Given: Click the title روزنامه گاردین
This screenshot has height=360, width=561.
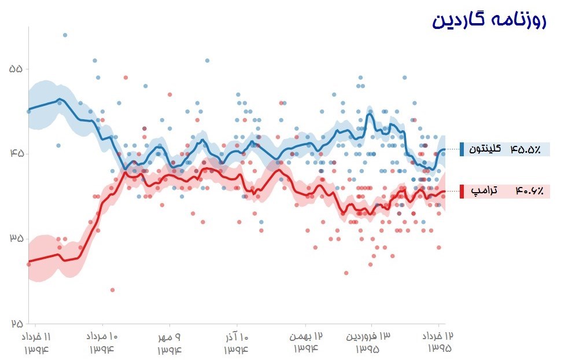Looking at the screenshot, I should pyautogui.click(x=489, y=21).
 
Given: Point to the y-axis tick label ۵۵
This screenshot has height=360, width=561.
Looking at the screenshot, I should pyautogui.click(x=16, y=68).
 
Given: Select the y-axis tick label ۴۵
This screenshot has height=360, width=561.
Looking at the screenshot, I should pyautogui.click(x=16, y=153).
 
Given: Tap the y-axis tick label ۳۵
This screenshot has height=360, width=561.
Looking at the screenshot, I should pyautogui.click(x=16, y=238).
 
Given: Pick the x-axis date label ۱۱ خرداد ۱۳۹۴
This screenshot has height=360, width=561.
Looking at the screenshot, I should pyautogui.click(x=37, y=343).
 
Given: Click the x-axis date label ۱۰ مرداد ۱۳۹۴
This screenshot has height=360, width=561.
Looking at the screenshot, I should pyautogui.click(x=103, y=343).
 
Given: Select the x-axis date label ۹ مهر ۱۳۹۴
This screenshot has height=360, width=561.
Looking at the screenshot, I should pyautogui.click(x=169, y=343).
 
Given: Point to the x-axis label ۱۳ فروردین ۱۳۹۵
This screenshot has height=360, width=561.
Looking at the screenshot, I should pyautogui.click(x=368, y=343).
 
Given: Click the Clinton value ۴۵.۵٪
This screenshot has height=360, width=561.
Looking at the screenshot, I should pyautogui.click(x=525, y=149).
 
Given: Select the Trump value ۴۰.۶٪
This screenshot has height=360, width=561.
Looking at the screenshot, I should pyautogui.click(x=525, y=191).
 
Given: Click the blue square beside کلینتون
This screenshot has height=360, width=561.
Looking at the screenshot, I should pyautogui.click(x=462, y=149).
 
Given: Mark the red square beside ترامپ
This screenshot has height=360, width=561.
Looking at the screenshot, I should pyautogui.click(x=462, y=191).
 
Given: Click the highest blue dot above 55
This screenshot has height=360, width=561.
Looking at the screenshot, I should pyautogui.click(x=65, y=35).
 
